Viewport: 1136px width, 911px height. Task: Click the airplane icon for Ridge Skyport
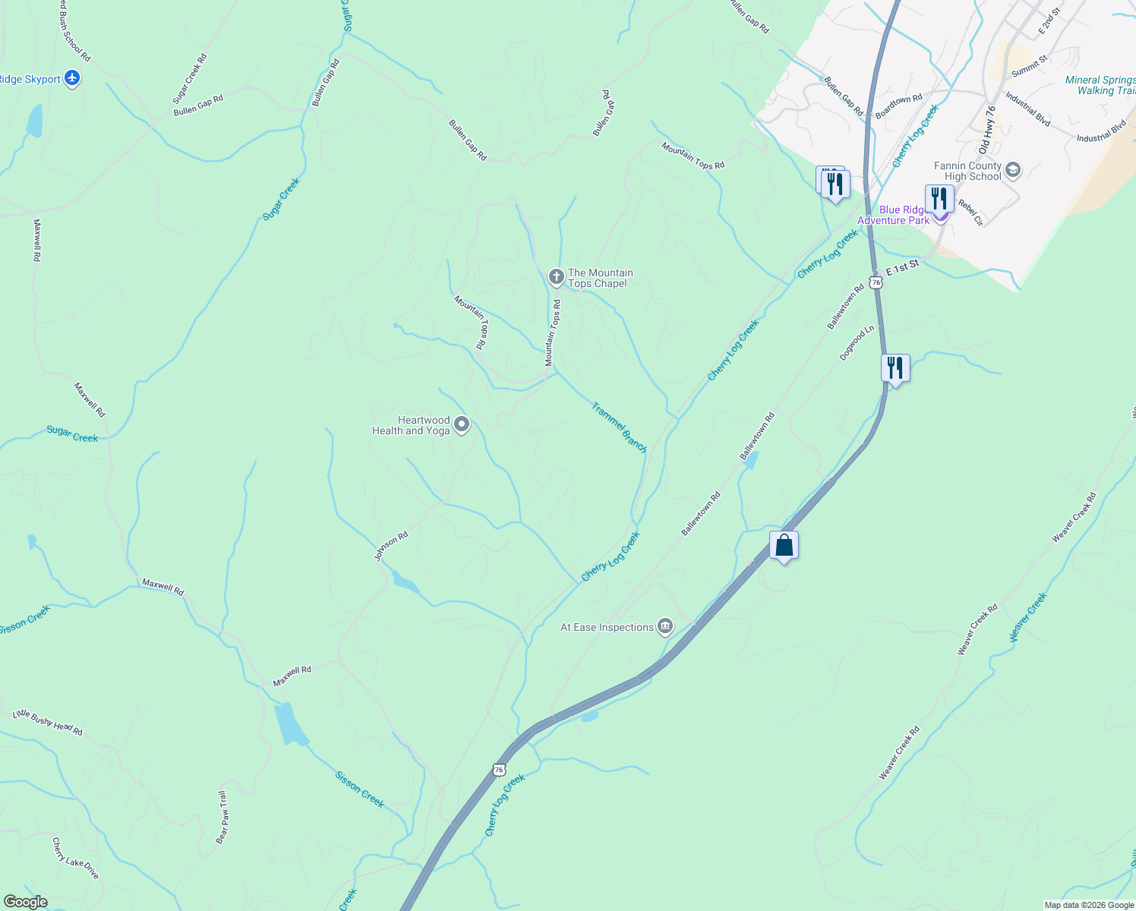[x=72, y=78]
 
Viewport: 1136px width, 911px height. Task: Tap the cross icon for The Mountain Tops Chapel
[x=556, y=277]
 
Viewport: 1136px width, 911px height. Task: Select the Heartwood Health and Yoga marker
[x=462, y=424]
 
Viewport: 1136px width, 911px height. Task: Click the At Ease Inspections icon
[x=665, y=626]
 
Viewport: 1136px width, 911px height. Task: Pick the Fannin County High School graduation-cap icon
[x=1012, y=171]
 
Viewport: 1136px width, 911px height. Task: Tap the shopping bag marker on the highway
[x=784, y=546]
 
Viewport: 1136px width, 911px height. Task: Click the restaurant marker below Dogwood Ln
[x=895, y=369]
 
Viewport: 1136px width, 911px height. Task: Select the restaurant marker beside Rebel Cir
[x=939, y=199]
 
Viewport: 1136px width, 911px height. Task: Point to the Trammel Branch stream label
[x=620, y=427]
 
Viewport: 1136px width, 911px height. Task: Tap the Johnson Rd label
[x=391, y=546]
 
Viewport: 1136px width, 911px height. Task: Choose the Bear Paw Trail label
[x=222, y=817]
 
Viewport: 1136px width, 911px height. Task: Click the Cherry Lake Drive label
[x=75, y=859]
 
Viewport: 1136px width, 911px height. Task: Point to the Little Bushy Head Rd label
[x=48, y=722]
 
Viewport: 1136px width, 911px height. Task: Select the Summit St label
[x=1030, y=66]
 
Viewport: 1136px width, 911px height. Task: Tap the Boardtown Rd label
[x=898, y=106]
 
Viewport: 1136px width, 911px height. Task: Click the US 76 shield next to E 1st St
[x=876, y=282]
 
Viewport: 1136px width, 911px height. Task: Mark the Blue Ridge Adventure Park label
[x=894, y=215]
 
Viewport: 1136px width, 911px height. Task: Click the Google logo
[x=24, y=902]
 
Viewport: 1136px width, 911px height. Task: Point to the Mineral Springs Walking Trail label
[x=1100, y=85]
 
